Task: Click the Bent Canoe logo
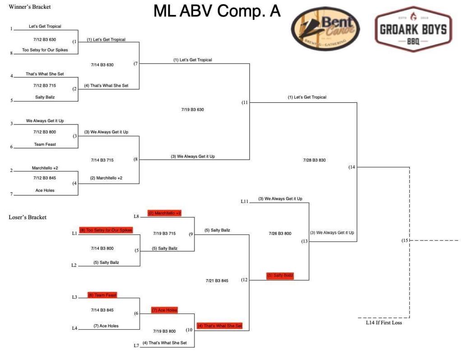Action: [x=325, y=28]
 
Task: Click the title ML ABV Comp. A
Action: [x=217, y=11]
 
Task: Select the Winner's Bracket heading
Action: [x=30, y=7]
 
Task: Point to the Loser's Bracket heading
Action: [x=28, y=217]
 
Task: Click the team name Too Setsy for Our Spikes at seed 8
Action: [x=45, y=50]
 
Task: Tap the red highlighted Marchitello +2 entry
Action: [x=164, y=213]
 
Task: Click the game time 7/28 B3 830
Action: [x=314, y=160]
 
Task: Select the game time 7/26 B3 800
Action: [x=280, y=234]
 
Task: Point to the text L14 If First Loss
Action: [x=383, y=323]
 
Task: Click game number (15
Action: [x=405, y=240]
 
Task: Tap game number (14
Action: [x=352, y=167]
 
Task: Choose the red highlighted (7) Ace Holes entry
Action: [x=164, y=310]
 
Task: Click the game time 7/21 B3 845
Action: [x=217, y=281]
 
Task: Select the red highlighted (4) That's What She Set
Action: [x=220, y=326]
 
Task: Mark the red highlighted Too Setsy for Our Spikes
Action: [x=106, y=230]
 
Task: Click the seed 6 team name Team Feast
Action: [x=45, y=144]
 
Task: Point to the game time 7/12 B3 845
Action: [x=45, y=178]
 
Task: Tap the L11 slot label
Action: [x=245, y=201]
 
